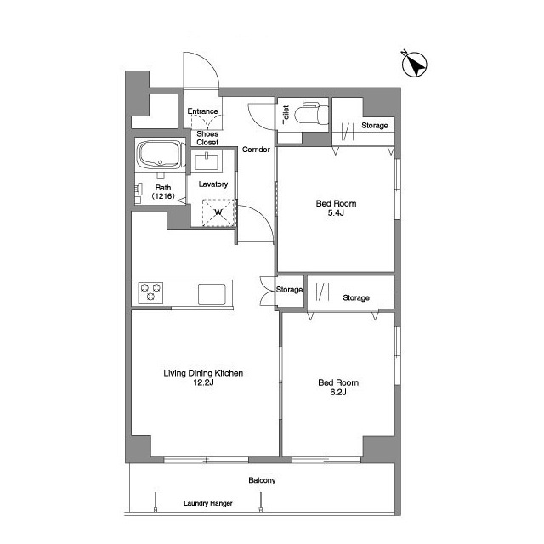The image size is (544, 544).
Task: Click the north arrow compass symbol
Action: (414, 65)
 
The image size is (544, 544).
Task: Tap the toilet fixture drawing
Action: (312, 112)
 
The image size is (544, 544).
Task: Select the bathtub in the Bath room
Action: (159, 155)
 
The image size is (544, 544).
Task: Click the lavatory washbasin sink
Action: (207, 161)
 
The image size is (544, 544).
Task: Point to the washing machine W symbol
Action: (218, 212)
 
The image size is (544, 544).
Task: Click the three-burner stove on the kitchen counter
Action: (150, 292)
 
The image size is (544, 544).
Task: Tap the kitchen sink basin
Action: (212, 294)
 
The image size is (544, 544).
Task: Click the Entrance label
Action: (202, 111)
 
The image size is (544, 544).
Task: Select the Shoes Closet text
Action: (207, 138)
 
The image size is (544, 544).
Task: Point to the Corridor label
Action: (256, 150)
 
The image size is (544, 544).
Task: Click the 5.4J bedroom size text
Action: (336, 213)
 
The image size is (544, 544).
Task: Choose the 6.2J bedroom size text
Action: (338, 393)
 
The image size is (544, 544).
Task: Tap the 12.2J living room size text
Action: (203, 382)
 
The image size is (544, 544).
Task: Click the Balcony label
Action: (262, 480)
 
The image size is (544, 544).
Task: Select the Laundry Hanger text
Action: (208, 503)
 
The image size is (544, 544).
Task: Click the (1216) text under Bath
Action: (163, 196)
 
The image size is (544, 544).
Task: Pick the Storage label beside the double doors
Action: (289, 290)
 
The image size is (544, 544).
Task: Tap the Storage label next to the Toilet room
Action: (375, 125)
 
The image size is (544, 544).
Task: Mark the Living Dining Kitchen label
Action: (203, 373)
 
